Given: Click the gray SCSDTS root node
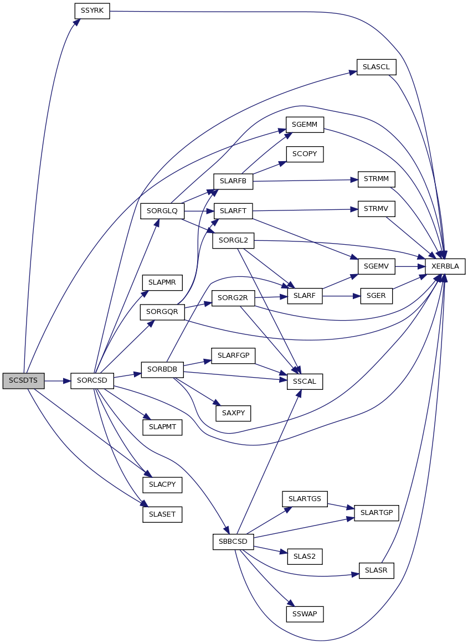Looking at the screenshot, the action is click(23, 381).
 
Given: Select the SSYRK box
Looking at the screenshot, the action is click(92, 11).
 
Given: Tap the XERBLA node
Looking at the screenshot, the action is click(445, 266).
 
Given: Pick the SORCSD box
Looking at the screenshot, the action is click(92, 381).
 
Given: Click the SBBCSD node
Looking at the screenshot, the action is click(233, 542).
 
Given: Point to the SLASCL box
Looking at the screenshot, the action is click(377, 67).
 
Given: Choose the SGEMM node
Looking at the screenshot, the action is click(305, 125).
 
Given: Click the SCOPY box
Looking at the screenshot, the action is click(305, 154).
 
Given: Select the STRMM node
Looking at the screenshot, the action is click(377, 179).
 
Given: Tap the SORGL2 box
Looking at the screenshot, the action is click(233, 241).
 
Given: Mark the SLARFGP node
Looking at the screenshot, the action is click(233, 356).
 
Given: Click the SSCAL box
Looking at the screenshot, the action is click(305, 382).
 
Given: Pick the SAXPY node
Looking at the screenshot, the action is click(233, 413).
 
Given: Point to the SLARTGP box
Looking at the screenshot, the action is click(377, 513).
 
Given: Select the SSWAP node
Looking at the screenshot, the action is click(305, 614).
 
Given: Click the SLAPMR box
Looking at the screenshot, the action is click(162, 283).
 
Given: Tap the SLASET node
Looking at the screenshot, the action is click(162, 514).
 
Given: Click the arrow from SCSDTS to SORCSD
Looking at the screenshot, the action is click(57, 381).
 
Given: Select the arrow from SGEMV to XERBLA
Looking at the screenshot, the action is click(410, 266).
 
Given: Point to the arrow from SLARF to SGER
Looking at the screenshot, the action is click(342, 296).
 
